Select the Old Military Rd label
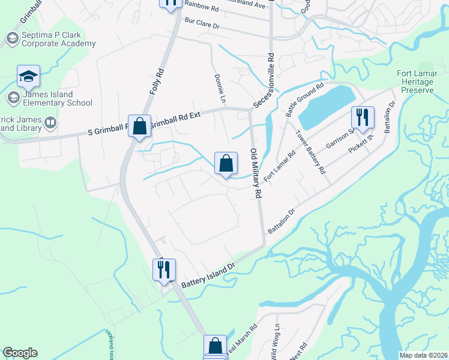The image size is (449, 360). [256, 173]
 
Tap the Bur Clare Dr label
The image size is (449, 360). [203, 25]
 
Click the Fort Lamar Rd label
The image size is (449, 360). [280, 167]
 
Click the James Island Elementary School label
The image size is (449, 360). [58, 98]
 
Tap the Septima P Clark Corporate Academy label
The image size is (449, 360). [58, 40]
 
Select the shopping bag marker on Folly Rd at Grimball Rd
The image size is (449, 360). [139, 126]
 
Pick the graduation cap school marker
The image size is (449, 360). [28, 76]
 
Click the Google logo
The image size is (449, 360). [20, 353]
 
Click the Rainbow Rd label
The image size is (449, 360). [201, 5]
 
